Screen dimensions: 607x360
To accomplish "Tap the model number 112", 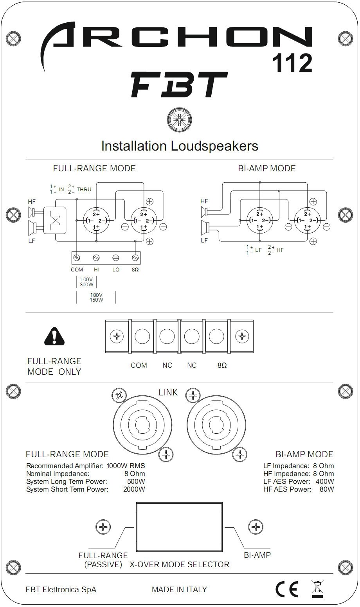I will coord(292,63).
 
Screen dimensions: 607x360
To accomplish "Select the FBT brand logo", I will coord(178,85).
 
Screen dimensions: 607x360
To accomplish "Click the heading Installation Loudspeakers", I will coord(180,146).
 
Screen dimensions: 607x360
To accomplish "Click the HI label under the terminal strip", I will coord(96,270).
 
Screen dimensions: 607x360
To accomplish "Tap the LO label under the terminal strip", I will coord(116,270).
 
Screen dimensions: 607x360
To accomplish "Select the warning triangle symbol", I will coord(54,335).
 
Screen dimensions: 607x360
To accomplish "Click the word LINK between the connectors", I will coord(168,392).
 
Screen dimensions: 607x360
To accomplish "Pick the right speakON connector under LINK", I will coord(216,424).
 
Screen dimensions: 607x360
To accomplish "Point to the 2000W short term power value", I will coord(134,489).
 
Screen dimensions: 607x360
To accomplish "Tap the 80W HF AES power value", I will coord(326,489).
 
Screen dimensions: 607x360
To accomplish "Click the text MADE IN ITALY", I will coord(179,589).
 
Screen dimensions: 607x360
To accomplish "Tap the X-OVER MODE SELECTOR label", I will coord(179,564).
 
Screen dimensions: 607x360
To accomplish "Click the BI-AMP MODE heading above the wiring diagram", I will coord(266,169).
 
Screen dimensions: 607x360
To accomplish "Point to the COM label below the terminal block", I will coord(139,365).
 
